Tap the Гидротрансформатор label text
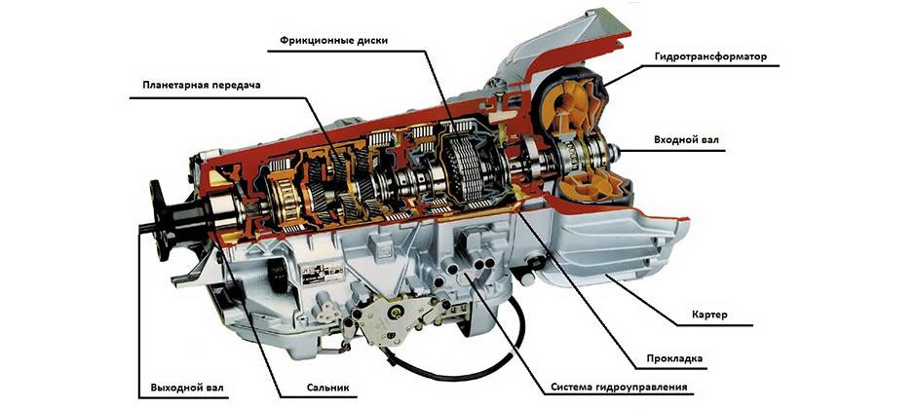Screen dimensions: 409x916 711,57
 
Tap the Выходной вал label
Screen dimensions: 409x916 180,388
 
